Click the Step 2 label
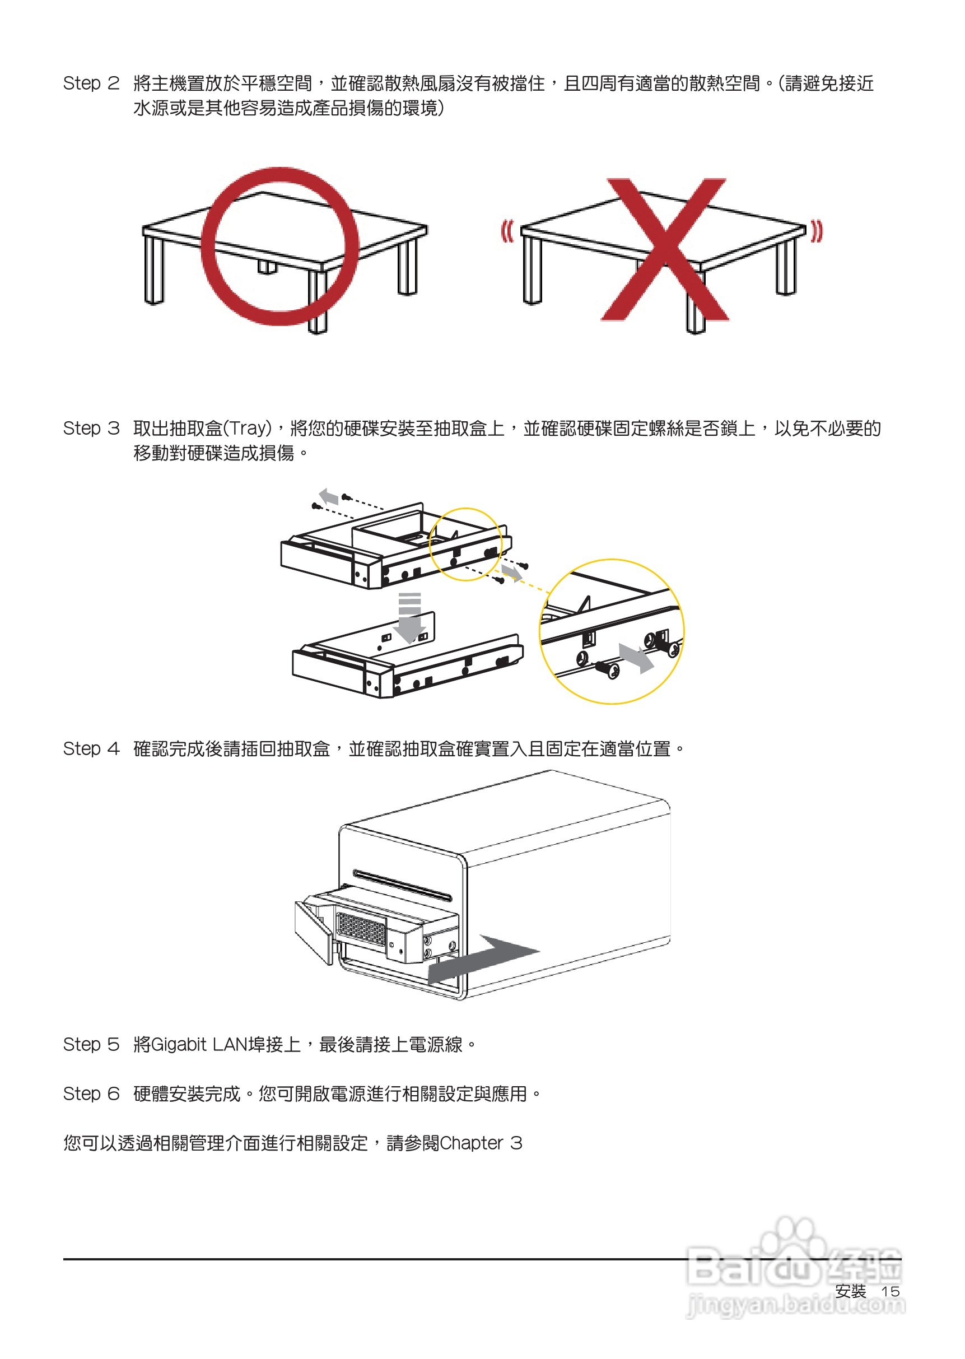click(91, 83)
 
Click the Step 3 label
click(91, 429)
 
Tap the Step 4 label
click(91, 749)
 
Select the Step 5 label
click(91, 1044)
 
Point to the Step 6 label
click(91, 1093)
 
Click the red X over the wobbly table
click(665, 250)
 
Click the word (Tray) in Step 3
click(246, 429)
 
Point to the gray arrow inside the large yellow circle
click(636, 658)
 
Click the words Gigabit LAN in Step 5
click(199, 1044)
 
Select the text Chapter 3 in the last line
click(480, 1143)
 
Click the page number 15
click(889, 1291)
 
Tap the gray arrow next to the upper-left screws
click(329, 496)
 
